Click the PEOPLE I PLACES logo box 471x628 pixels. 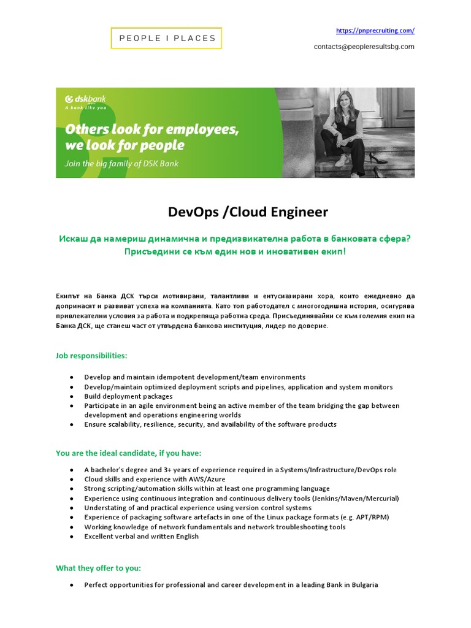point(166,38)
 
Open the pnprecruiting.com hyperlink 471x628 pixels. point(375,30)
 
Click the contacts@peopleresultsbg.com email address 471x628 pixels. point(364,47)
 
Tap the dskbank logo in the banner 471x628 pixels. point(86,99)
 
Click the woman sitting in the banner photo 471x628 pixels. point(347,129)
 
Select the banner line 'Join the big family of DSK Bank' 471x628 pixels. point(122,164)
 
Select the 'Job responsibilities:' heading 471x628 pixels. point(91,356)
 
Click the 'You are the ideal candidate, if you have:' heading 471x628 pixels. point(128,453)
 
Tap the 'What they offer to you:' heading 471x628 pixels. point(98,568)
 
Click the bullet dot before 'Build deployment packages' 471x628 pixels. point(72,397)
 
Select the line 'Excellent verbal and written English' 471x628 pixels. point(142,537)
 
